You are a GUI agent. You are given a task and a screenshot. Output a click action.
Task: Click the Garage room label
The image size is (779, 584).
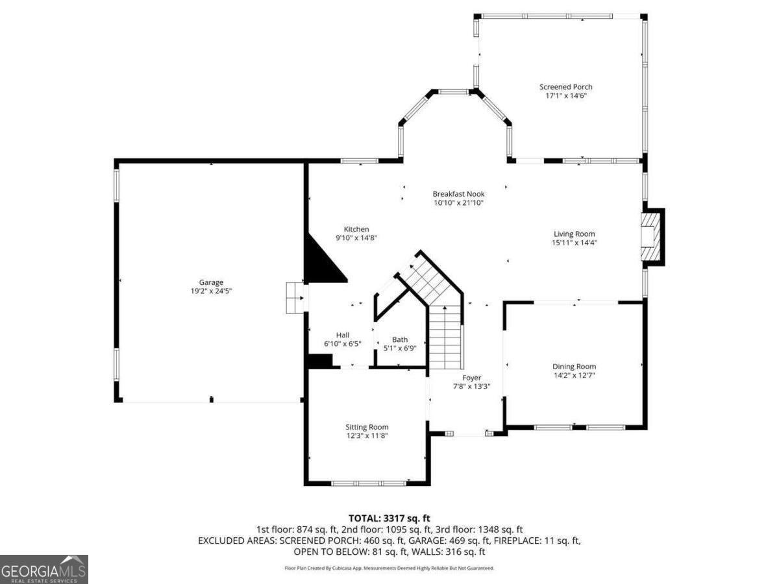pos(211,282)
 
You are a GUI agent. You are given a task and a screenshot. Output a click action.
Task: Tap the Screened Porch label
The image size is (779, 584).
pos(565,86)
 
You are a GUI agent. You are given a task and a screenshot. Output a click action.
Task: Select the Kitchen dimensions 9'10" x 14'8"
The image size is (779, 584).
pos(356,238)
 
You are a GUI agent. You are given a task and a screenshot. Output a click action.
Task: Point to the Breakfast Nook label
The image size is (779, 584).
pos(458,194)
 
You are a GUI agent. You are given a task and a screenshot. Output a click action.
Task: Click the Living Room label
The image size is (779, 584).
pos(575,234)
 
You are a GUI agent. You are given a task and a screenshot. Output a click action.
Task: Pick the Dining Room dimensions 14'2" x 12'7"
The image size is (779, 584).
pos(575,376)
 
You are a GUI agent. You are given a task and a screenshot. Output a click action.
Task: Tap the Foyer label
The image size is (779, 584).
pos(472,378)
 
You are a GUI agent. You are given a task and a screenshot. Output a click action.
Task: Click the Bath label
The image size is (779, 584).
pos(400,339)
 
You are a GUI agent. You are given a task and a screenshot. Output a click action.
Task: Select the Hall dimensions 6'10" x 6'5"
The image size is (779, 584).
pos(343,344)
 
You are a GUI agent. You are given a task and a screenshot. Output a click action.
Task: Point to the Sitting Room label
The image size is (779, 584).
pos(367,427)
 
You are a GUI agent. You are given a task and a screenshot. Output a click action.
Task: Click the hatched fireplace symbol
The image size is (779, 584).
pos(650,237)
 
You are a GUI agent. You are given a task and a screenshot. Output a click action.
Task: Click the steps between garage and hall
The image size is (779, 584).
pos(295,298)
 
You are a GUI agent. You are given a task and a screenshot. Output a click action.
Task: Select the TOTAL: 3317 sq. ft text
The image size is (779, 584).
pos(389,518)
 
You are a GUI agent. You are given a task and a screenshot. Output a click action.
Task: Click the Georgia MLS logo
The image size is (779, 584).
pos(43,569)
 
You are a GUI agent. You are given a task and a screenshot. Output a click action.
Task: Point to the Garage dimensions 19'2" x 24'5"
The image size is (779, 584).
pos(211,291)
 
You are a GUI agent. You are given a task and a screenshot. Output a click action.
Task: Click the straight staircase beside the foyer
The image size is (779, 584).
pos(446,337)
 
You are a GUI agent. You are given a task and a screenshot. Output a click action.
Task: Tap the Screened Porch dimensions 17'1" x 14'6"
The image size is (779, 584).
pos(565,96)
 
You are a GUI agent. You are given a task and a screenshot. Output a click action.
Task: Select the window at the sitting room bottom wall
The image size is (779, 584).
pos(368,483)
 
